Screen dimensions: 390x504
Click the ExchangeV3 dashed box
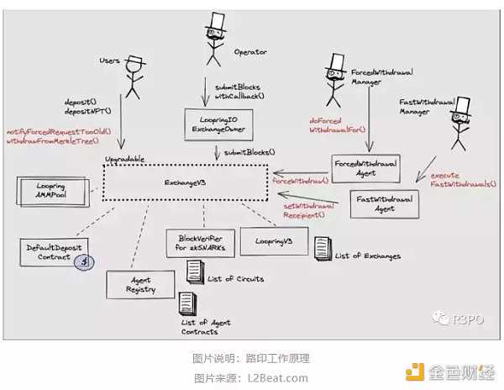186,181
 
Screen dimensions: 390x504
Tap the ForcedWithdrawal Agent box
365,167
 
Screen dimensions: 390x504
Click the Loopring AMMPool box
45,189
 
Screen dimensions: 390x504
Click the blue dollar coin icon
82,263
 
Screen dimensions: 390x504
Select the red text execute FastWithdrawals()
462,179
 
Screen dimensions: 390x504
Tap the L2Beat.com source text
277,377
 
